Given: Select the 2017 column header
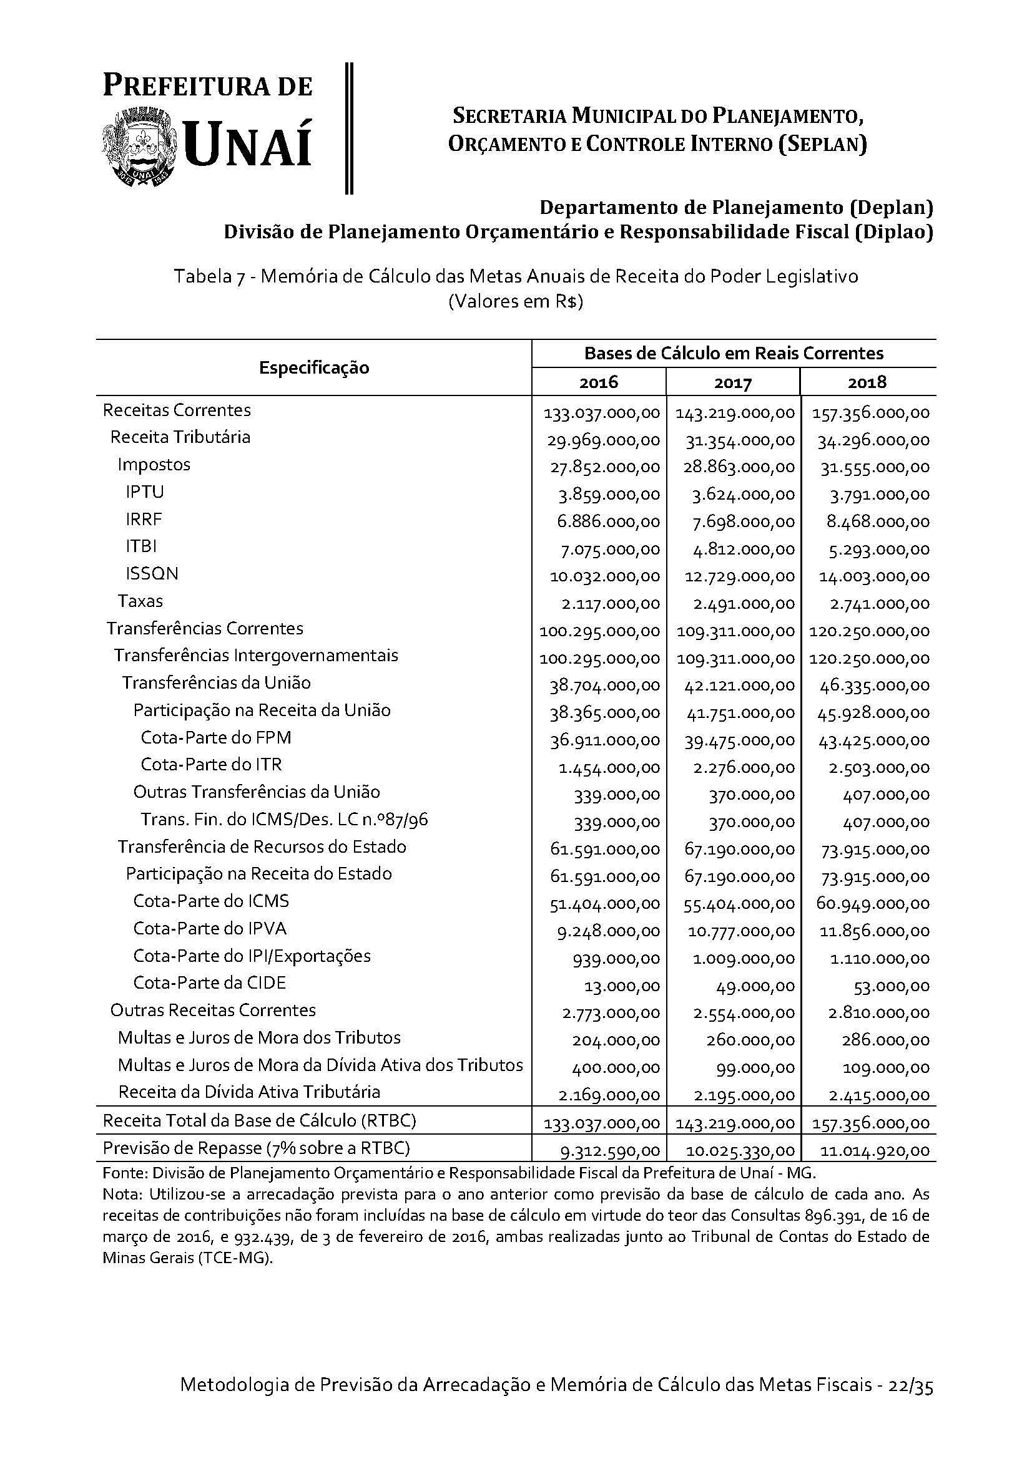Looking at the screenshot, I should [732, 382].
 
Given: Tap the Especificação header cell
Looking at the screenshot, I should [313, 367].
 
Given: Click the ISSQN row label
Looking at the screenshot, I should [152, 573].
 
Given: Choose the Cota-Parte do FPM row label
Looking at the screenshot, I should [215, 737].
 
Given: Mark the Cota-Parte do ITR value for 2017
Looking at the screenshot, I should [744, 768].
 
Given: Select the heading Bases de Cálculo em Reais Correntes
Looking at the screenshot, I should [733, 353].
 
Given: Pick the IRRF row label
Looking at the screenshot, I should [144, 519].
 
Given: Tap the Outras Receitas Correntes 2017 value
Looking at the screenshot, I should [744, 1014].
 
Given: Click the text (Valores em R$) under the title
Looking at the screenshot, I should [515, 301].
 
